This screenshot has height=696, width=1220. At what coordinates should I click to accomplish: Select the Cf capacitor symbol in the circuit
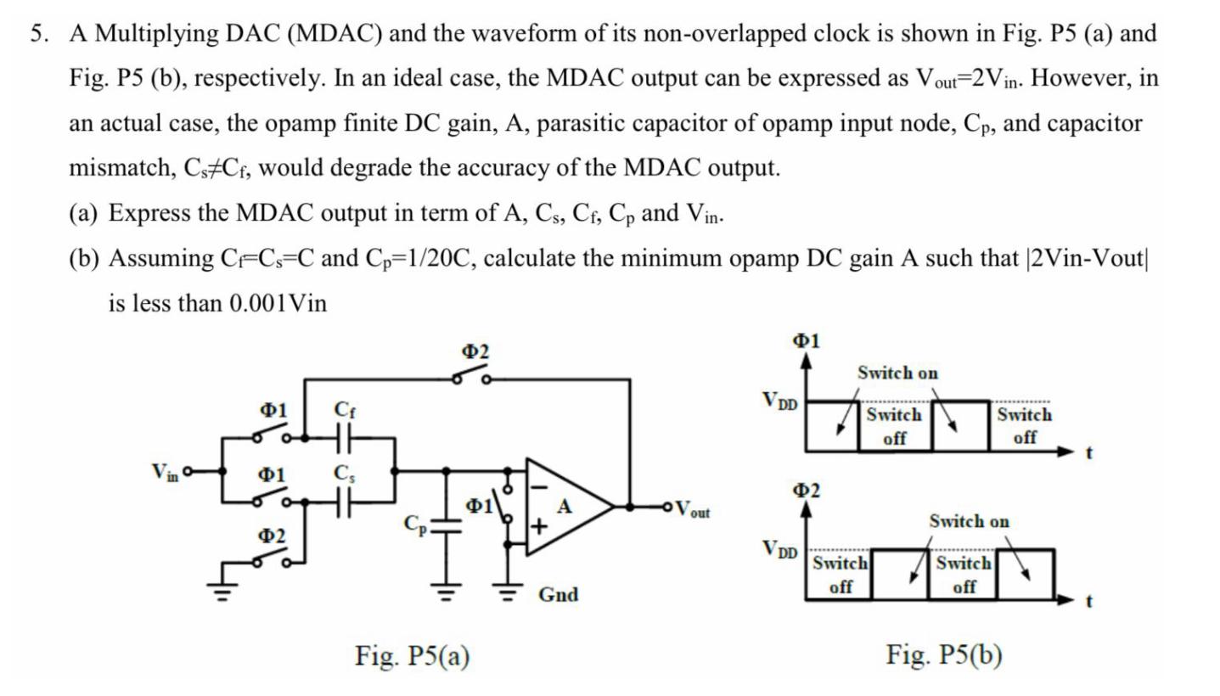344,439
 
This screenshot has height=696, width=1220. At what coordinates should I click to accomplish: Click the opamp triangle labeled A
564,508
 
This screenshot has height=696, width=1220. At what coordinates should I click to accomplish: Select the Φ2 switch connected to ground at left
272,558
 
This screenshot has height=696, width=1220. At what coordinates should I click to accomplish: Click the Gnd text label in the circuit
558,594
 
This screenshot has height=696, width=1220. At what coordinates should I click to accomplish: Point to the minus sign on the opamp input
538,486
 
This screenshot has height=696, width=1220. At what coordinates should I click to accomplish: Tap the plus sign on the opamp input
538,527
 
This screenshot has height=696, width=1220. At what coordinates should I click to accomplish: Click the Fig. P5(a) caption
412,655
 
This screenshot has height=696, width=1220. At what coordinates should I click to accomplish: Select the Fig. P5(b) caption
943,655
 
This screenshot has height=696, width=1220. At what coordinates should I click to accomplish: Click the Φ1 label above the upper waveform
806,340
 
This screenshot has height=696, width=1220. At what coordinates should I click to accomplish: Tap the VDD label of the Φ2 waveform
779,550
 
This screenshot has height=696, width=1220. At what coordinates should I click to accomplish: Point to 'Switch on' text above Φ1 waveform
897,373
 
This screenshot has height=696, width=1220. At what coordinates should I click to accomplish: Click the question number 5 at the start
37,34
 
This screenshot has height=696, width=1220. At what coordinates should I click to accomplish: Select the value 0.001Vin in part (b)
278,303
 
